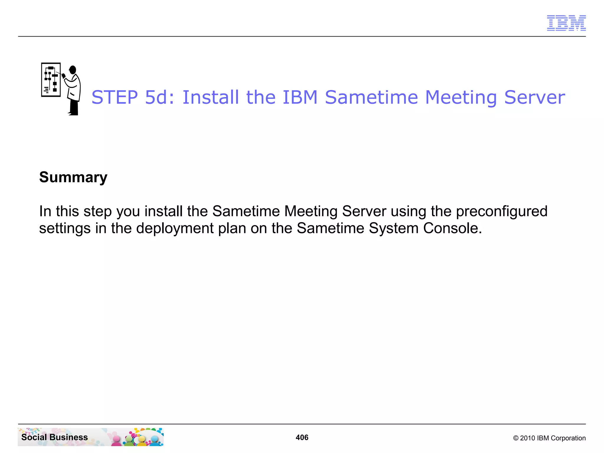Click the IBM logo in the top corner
click(566, 23)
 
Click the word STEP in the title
click(115, 97)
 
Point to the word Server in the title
click(534, 97)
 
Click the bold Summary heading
click(73, 177)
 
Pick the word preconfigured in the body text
click(501, 211)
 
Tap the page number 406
click(302, 437)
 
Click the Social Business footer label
click(55, 437)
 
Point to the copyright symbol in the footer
click(516, 438)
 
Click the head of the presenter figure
click(73, 70)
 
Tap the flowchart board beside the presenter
click(51, 80)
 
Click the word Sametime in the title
click(371, 97)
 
